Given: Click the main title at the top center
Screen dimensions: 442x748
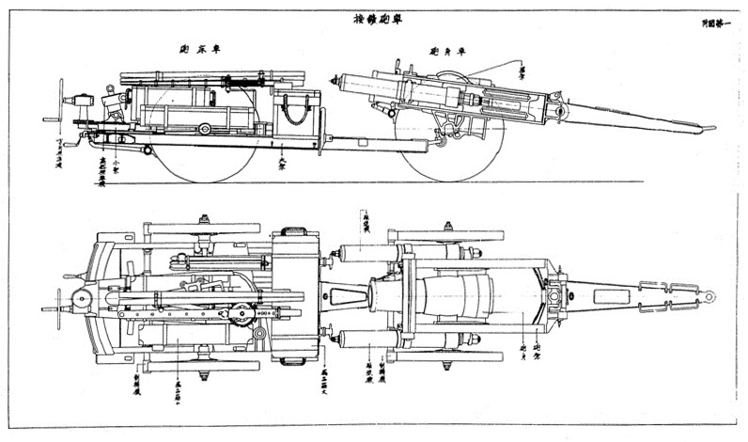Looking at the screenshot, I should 374,19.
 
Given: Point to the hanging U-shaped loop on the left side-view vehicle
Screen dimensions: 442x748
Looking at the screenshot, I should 297,115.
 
